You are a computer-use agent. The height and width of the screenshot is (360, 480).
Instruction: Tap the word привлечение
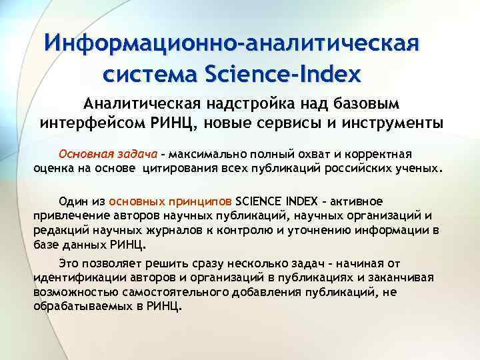pos(65,215)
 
